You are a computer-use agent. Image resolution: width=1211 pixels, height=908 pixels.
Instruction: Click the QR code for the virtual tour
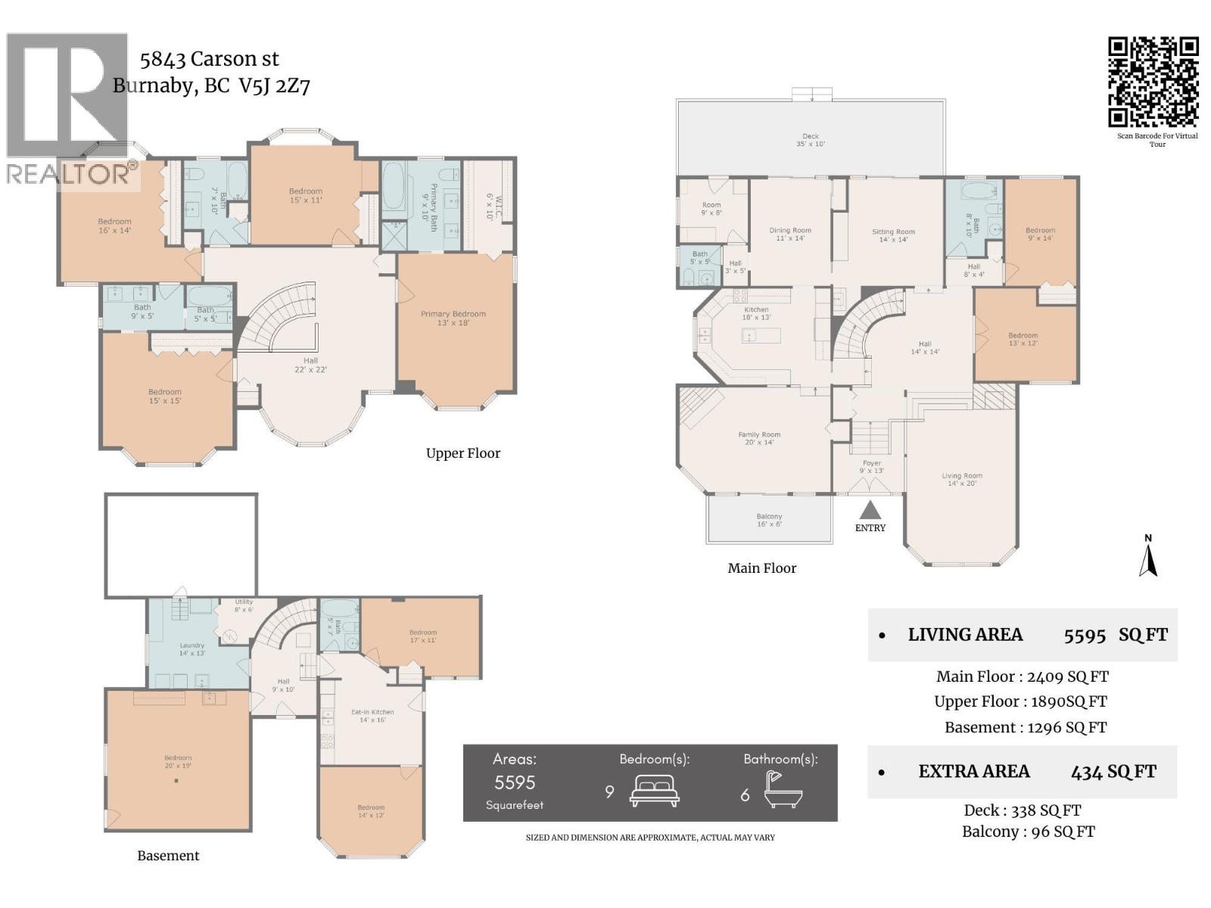coord(1153,82)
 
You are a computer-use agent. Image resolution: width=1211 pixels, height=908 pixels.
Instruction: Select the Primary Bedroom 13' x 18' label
coord(453,318)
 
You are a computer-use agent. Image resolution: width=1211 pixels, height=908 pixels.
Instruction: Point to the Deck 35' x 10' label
coord(810,140)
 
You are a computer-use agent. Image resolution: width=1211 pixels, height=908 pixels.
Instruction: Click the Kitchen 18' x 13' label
coord(756,313)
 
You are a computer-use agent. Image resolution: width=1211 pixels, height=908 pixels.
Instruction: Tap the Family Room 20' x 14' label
coord(759,438)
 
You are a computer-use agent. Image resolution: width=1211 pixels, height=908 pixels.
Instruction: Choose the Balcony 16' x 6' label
coord(769,520)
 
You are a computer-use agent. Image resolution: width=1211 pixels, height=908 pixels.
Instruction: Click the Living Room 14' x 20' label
coord(962,480)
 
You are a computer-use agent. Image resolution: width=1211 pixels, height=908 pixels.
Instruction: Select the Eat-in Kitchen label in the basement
coord(372,716)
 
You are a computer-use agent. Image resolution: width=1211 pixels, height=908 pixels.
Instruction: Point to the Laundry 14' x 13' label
coord(192,649)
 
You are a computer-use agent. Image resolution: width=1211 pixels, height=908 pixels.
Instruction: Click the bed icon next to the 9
coord(654,791)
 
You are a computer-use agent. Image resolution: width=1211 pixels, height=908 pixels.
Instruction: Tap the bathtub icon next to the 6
coord(783,791)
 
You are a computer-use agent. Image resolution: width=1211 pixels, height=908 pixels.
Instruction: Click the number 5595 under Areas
coord(515,782)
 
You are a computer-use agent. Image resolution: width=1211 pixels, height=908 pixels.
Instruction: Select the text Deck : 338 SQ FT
coord(1022,810)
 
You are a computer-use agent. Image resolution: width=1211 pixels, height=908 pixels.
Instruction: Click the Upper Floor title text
coord(462,453)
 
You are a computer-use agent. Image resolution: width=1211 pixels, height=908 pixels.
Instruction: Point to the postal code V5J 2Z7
coord(274,86)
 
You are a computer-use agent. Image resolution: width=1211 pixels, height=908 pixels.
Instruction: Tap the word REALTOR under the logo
coord(68,175)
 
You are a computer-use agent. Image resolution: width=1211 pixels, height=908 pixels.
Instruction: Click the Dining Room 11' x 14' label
coord(790,235)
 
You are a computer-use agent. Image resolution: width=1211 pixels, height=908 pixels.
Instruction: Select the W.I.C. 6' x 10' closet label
coord(489,206)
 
